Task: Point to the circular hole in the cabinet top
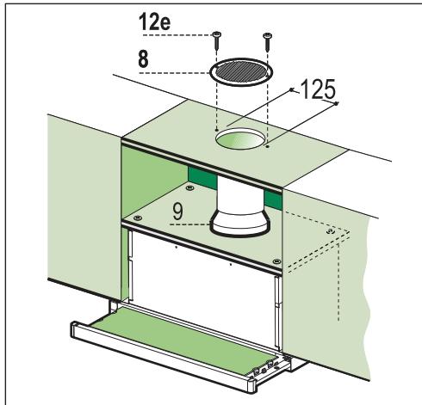pyautogui.click(x=239, y=138)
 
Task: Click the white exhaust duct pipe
pyautogui.click(x=239, y=201)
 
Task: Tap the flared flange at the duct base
pyautogui.click(x=239, y=229)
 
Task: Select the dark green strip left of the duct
pyautogui.click(x=201, y=188)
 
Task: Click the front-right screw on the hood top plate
pyautogui.click(x=275, y=262)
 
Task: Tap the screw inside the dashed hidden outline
pyautogui.click(x=332, y=230)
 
